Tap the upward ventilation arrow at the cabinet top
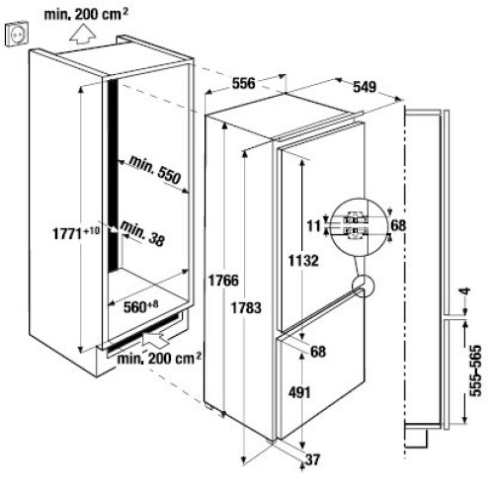coord(83,35)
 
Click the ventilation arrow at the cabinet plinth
coord(156,338)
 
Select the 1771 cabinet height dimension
coord(76,233)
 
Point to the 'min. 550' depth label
coord(155,169)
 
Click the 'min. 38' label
coord(142,233)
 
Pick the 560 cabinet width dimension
coord(140,306)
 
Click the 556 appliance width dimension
coord(243,83)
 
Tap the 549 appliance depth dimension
coord(365,87)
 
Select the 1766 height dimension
coord(223,281)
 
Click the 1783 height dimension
coord(246,307)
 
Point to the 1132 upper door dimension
coord(303,261)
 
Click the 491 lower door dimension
coord(299,392)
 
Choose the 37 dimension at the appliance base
coord(312,459)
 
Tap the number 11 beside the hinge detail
coord(313,226)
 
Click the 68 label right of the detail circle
coord(398,225)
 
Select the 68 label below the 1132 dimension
coord(318,352)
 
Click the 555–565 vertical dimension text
coord(475,370)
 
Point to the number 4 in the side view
coord(465,291)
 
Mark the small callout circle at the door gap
coord(364,286)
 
